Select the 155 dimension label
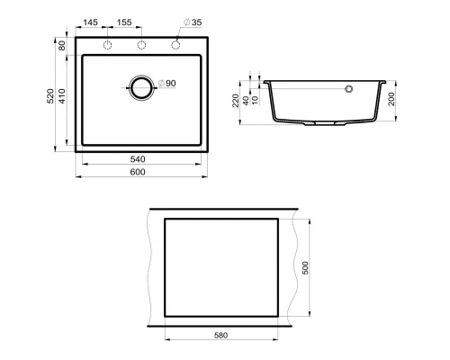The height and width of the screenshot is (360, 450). tap(124, 21)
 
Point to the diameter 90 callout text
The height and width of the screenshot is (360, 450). tap(166, 84)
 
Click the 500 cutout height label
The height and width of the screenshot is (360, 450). tap(307, 268)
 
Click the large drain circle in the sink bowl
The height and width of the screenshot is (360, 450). tap(141, 86)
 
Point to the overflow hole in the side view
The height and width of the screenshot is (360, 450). tap(350, 89)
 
